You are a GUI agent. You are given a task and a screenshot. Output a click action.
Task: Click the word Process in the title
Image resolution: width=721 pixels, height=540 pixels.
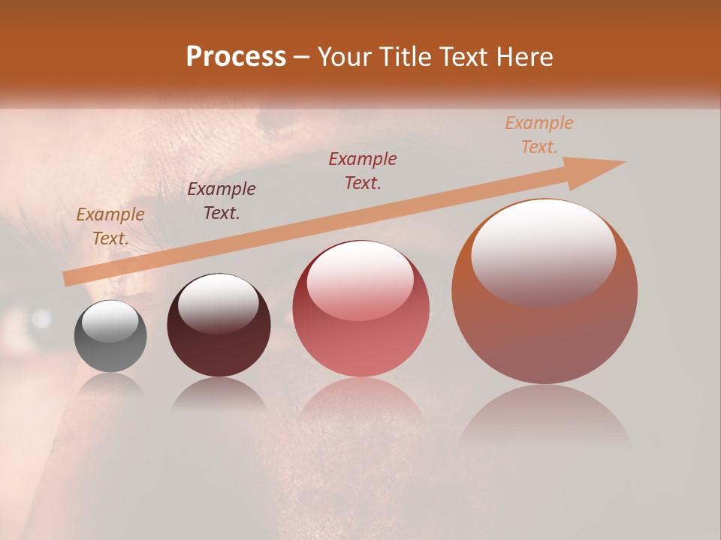coord(236,57)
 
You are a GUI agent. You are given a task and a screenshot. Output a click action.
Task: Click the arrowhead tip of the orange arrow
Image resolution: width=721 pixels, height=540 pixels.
coord(623,162)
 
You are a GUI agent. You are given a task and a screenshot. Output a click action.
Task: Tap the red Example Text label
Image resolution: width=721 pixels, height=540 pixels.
coord(363,171)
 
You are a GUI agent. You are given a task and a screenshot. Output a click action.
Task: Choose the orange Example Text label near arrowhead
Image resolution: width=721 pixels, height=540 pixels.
coord(539,135)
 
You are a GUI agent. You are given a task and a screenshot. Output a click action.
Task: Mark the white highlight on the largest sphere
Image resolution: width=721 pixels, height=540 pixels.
coord(543,251)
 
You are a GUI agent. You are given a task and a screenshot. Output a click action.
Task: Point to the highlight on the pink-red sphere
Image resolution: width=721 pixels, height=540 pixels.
coord(360,281)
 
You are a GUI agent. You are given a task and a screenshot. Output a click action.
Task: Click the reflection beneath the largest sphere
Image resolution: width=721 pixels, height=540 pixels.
coord(545,420)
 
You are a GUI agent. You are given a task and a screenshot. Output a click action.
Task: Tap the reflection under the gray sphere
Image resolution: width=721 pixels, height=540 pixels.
coord(110,386)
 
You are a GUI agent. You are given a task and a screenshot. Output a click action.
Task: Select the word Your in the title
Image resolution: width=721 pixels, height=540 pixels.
coord(343,57)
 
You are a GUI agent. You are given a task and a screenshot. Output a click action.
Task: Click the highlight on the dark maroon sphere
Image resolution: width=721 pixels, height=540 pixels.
coord(218,304)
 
